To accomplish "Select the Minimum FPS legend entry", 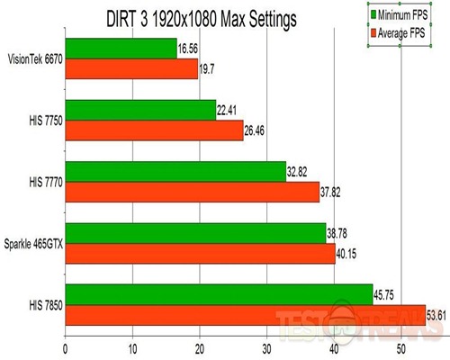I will pos(407,14).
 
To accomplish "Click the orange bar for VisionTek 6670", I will pos(131,70).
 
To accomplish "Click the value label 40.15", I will pos(348,255).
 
